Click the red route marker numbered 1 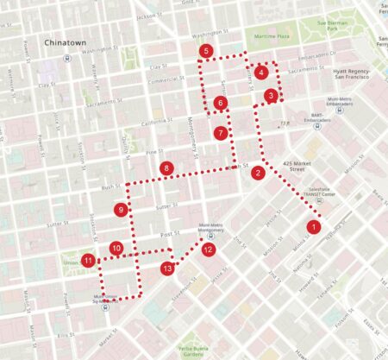point(314,227)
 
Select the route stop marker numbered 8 point(166,167)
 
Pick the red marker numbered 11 point(88,260)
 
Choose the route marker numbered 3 point(271,96)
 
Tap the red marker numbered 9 point(121,210)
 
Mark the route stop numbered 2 point(258,173)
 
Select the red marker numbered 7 point(222,134)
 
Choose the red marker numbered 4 point(261,73)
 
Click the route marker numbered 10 point(116,249)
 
